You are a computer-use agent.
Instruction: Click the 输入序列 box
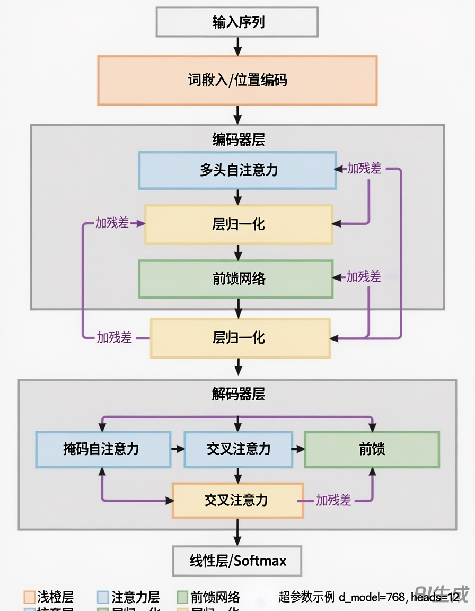point(237,22)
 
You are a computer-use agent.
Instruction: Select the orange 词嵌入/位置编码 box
point(237,80)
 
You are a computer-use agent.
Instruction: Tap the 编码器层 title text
point(238,139)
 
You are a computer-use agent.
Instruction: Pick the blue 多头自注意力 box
point(237,170)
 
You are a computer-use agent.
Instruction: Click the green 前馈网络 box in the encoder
point(236,278)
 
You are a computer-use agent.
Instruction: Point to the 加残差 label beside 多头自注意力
point(364,169)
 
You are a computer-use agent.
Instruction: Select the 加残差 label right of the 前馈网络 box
point(364,276)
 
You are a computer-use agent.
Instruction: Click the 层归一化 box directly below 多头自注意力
point(239,224)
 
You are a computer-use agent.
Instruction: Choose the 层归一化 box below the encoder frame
point(240,338)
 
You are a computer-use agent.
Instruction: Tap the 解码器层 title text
point(238,394)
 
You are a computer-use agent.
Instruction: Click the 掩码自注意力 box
point(103,449)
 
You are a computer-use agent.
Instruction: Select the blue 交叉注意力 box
point(238,449)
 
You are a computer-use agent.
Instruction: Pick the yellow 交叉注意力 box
point(237,500)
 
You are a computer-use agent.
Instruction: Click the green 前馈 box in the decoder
point(372,449)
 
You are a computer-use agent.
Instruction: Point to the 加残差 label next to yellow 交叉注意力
point(333,500)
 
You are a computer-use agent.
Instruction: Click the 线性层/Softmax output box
point(237,561)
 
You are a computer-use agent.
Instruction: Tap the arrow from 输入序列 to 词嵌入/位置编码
point(237,46)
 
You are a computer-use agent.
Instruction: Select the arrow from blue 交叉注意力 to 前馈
point(298,449)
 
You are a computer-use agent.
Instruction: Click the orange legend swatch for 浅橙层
point(29,597)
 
